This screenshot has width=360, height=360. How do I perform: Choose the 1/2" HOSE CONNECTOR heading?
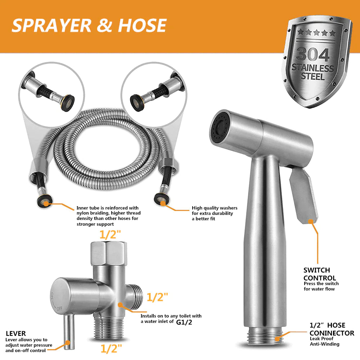[332, 329]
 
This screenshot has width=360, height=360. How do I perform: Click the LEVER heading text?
[16, 334]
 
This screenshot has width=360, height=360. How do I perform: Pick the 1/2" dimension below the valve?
[110, 348]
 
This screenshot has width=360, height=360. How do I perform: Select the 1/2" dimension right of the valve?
[157, 297]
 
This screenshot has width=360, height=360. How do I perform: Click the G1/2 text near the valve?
[184, 322]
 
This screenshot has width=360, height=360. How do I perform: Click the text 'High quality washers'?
[215, 208]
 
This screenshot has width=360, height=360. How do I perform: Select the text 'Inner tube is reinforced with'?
[107, 208]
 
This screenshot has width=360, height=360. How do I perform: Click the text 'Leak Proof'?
[322, 339]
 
